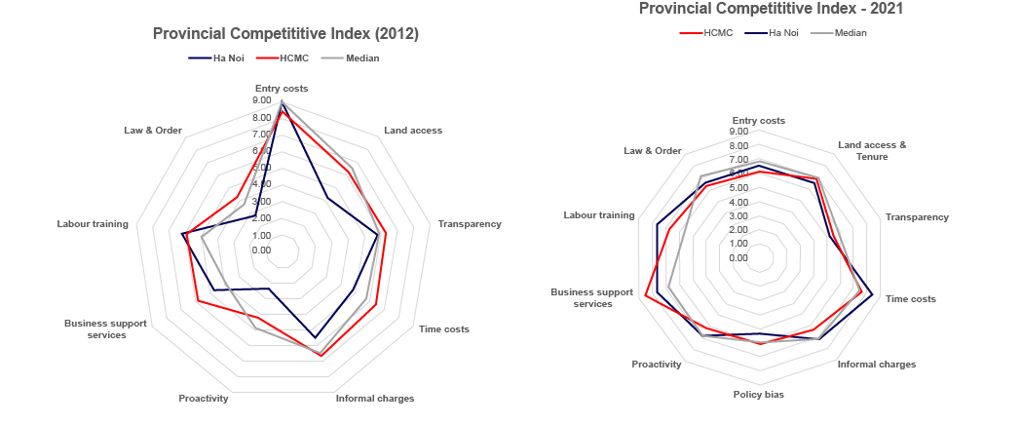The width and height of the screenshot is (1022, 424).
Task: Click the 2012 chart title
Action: pyautogui.click(x=285, y=34)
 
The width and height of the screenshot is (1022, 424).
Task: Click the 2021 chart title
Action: pyautogui.click(x=771, y=9)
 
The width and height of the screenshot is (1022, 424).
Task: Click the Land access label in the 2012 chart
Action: pyautogui.click(x=413, y=130)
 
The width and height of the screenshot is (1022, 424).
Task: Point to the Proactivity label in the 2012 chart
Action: pyautogui.click(x=204, y=398)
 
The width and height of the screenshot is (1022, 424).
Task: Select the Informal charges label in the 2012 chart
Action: pyautogui.click(x=375, y=398)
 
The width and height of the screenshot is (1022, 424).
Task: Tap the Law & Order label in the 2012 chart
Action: pyautogui.click(x=153, y=130)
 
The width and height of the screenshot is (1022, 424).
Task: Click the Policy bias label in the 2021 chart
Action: pyautogui.click(x=759, y=395)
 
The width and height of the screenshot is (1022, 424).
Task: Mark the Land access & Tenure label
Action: pyautogui.click(x=872, y=150)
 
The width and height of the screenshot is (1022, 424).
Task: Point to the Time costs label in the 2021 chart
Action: pyautogui.click(x=911, y=298)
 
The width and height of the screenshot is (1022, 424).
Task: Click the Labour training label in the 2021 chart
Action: pyautogui.click(x=599, y=214)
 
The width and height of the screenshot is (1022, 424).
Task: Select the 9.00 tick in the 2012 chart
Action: pyautogui.click(x=262, y=100)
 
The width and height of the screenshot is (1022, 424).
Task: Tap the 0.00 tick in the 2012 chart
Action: pyautogui.click(x=262, y=251)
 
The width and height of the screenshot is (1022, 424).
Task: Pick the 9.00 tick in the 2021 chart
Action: pyautogui.click(x=738, y=132)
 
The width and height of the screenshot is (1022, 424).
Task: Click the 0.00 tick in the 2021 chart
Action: pyautogui.click(x=738, y=258)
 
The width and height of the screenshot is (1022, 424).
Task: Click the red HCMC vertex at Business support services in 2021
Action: pyautogui.click(x=645, y=295)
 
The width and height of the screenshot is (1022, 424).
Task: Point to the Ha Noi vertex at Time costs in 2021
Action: pyautogui.click(x=873, y=294)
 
